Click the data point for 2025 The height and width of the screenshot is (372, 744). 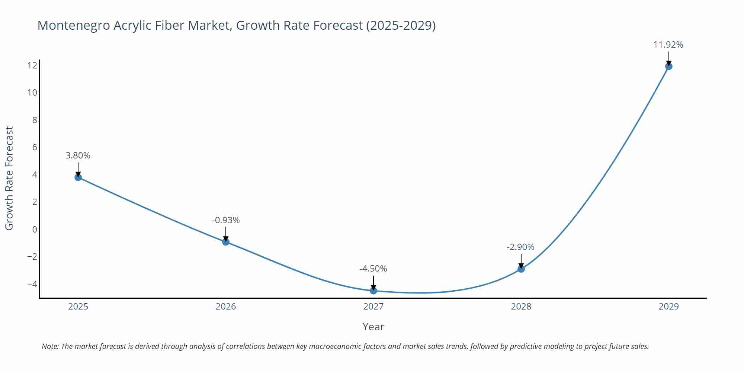(x=78, y=177)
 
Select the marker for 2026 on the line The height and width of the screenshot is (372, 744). (x=226, y=242)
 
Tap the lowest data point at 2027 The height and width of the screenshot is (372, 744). (x=373, y=291)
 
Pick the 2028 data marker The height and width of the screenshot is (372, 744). (x=521, y=269)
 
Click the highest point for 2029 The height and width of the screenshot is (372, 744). (x=668, y=66)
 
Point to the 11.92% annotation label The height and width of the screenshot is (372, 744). (x=668, y=45)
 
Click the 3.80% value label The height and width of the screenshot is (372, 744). (x=78, y=155)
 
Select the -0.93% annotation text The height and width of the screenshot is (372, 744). (x=226, y=220)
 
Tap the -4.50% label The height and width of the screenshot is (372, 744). (x=373, y=269)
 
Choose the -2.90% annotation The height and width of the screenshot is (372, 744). (x=520, y=247)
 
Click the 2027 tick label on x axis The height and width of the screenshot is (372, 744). (x=373, y=307)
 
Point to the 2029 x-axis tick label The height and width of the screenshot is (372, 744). (x=668, y=307)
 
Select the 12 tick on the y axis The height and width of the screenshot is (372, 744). (x=32, y=65)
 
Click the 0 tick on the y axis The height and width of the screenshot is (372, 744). (x=35, y=229)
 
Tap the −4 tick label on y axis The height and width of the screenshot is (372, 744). (x=32, y=284)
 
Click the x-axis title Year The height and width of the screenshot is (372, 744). (x=373, y=327)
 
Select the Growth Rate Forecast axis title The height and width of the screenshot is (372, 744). (x=9, y=178)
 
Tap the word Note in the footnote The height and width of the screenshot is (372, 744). (x=50, y=346)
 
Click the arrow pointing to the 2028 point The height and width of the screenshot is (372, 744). (x=521, y=260)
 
